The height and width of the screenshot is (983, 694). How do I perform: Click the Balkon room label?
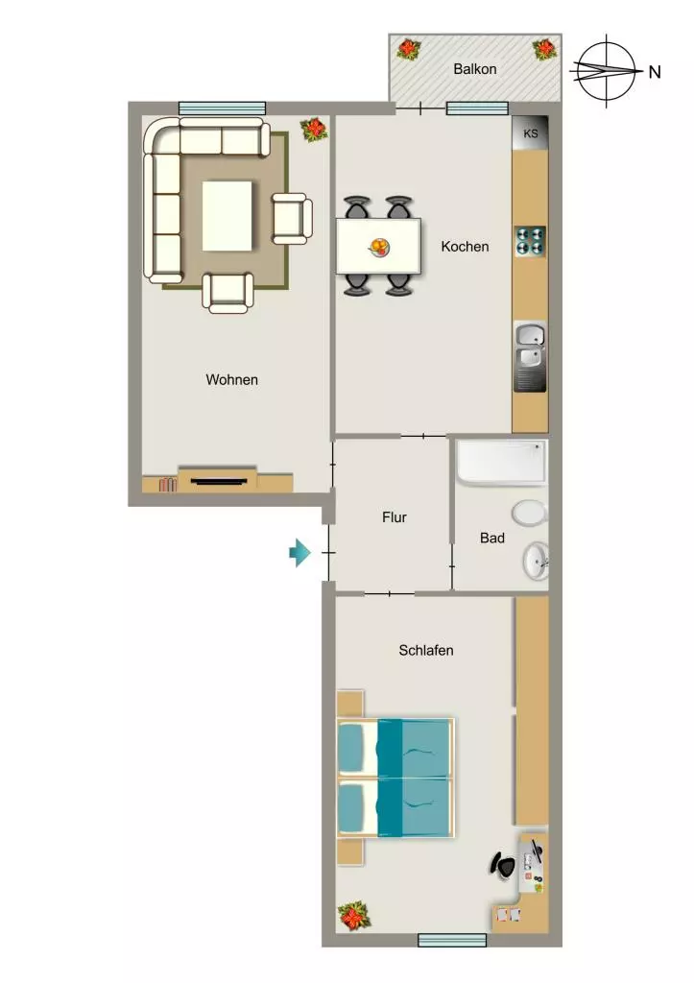tap(474, 69)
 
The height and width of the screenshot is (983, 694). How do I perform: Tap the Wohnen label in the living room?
tap(231, 380)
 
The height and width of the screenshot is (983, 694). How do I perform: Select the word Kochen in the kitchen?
tap(465, 247)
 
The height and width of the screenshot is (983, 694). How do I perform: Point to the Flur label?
tap(394, 517)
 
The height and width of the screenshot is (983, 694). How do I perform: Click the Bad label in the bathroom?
tap(492, 538)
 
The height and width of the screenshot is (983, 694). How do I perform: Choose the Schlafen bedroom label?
tap(425, 650)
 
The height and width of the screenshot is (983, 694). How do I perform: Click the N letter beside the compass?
tap(655, 72)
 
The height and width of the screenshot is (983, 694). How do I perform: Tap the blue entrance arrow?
tap(299, 553)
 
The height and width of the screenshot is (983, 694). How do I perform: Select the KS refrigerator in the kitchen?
tap(531, 133)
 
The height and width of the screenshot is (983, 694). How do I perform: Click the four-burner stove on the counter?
tap(531, 242)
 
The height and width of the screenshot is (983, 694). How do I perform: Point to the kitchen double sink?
tap(531, 357)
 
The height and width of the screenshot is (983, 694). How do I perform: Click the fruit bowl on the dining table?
tap(378, 247)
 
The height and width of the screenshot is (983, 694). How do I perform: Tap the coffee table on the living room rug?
tap(227, 216)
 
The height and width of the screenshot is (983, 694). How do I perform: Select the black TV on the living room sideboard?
tap(218, 482)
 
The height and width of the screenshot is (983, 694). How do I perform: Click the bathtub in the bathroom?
tap(501, 463)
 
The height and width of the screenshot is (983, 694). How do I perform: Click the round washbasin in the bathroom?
tap(536, 561)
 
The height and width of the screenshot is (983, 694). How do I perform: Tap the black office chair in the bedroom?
tap(503, 865)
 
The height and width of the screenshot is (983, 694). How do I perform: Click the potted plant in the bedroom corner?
tap(354, 915)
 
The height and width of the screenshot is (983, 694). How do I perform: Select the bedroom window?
tap(452, 940)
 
